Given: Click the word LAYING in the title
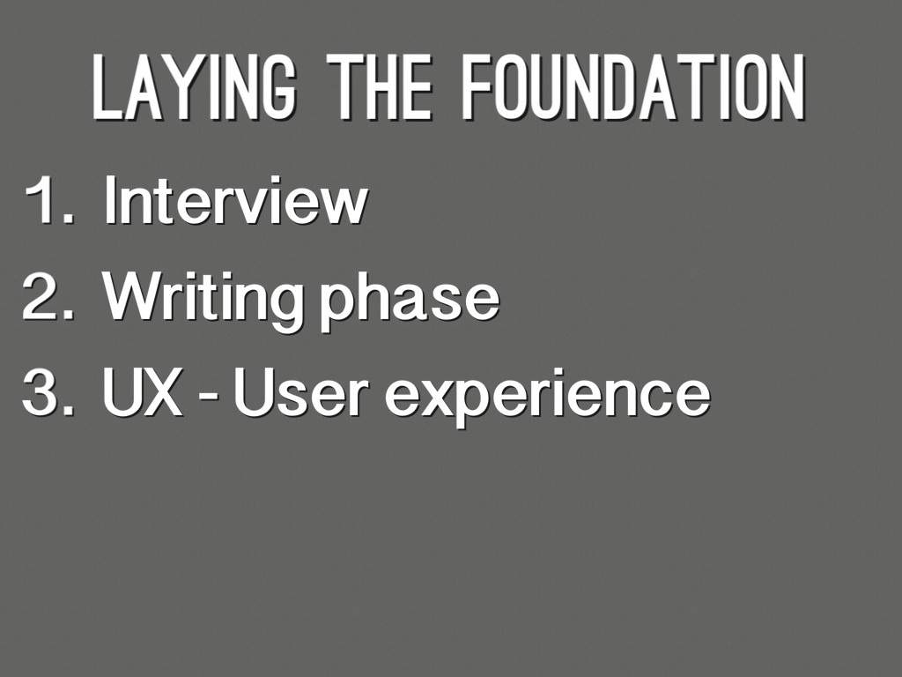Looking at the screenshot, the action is [195, 87].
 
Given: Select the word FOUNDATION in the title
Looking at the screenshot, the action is [634, 87].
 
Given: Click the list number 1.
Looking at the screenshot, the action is [49, 200].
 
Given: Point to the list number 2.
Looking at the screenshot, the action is [48, 296].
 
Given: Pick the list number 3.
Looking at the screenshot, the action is [48, 392].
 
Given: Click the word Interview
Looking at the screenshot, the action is [235, 199].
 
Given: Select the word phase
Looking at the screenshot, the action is [409, 302].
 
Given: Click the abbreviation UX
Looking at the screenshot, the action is [142, 392].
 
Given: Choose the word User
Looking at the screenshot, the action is [300, 392].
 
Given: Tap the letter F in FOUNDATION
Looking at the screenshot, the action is [478, 87].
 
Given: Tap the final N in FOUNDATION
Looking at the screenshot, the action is [788, 87].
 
